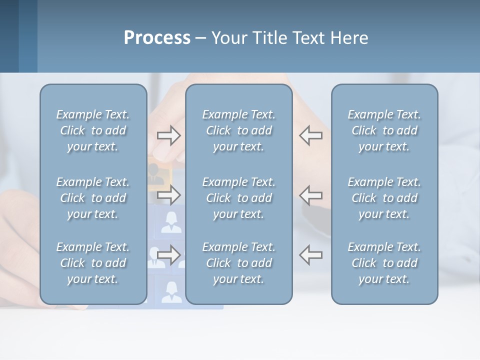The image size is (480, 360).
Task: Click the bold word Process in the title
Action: [157, 38]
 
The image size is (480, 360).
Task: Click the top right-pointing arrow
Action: [168, 135]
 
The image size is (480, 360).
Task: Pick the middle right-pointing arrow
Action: [168, 194]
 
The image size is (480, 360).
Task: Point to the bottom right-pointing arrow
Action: [168, 254]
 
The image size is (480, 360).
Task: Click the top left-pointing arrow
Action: [311, 135]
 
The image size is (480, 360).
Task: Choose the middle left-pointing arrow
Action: [311, 194]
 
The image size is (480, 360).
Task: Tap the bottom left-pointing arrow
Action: [311, 254]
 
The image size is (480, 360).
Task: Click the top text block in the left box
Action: [93, 130]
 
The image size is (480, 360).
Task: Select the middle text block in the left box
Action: [93, 198]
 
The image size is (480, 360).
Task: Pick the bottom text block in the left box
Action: [93, 263]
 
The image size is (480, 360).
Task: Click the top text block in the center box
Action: [238, 130]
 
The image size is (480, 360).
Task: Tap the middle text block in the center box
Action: [238, 198]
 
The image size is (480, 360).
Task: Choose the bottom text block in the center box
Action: [238, 263]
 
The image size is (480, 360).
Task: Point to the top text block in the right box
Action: [384, 130]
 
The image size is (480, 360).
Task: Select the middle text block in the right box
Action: [384, 198]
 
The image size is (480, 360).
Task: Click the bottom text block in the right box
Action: [384, 263]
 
